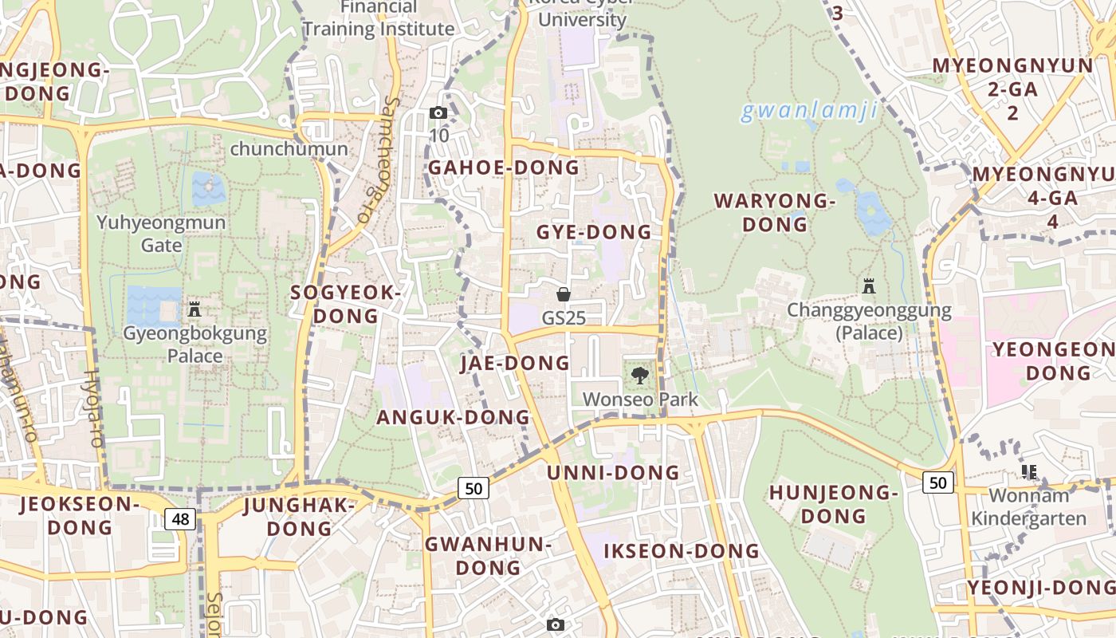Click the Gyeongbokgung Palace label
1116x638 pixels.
tap(195, 344)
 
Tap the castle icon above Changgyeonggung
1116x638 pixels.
tap(869, 286)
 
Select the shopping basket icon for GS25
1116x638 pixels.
tap(564, 294)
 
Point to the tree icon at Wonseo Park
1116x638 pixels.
tap(639, 375)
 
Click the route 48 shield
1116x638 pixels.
tap(181, 519)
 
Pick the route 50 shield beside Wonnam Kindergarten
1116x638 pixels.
tap(938, 482)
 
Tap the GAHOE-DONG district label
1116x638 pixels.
tap(504, 167)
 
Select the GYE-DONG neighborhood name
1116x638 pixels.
tap(594, 232)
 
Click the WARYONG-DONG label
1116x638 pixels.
tap(775, 212)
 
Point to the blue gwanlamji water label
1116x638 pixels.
tap(809, 111)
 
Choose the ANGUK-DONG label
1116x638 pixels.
tap(453, 417)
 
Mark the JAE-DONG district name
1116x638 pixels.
tap(515, 364)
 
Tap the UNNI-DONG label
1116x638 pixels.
tap(613, 472)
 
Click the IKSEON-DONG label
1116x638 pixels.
tap(682, 551)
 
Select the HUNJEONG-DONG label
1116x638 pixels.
tap(833, 504)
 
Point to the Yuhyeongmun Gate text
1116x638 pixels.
tap(162, 233)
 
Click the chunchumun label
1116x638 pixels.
tap(289, 149)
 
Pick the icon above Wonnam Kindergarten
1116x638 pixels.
tap(1029, 472)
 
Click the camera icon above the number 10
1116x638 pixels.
tap(438, 113)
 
